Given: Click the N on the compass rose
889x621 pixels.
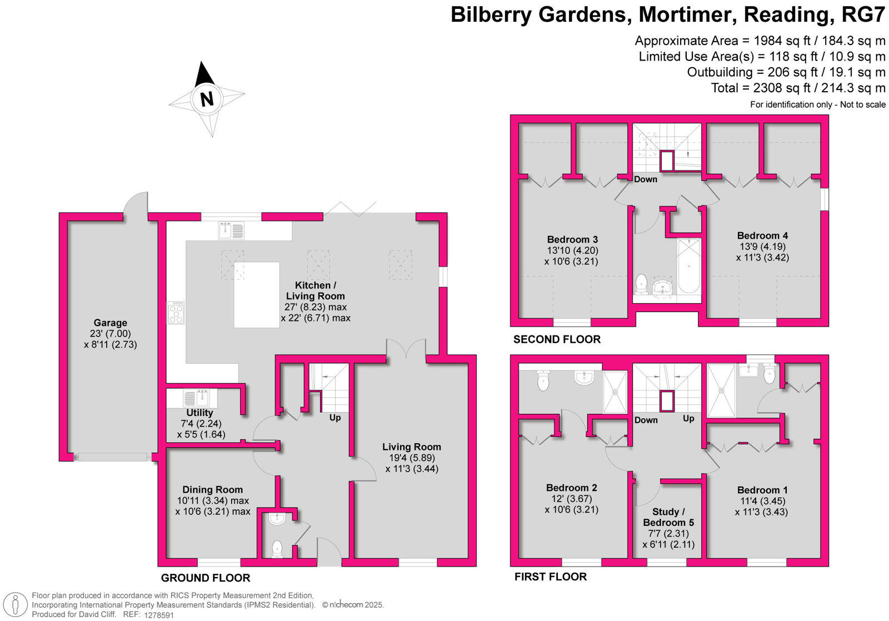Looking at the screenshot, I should click(207, 99).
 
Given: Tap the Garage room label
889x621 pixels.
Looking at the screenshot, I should click(110, 323).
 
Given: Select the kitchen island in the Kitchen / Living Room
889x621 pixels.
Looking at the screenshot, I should click(257, 295).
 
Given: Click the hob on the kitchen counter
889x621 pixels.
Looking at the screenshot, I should click(176, 313).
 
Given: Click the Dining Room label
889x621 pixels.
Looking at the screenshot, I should click(213, 490).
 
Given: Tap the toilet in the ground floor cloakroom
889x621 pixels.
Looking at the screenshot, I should click(277, 549).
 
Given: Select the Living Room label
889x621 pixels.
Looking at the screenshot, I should click(412, 447).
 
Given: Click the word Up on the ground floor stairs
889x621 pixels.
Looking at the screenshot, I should click(335, 418).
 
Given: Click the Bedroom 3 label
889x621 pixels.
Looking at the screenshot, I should click(572, 239).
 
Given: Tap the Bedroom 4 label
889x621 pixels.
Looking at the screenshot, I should click(762, 236).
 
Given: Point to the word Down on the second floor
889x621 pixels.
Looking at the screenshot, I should click(646, 179).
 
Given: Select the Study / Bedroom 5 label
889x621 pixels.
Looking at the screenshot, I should click(668, 517).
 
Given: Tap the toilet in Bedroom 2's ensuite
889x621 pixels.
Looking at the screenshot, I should click(543, 380).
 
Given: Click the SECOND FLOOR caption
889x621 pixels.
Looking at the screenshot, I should click(557, 339).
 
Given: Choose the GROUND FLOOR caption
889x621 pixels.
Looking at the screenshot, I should click(206, 578).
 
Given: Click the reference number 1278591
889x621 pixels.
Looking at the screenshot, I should click(159, 615).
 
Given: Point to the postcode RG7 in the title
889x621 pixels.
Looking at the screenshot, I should click(863, 15).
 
